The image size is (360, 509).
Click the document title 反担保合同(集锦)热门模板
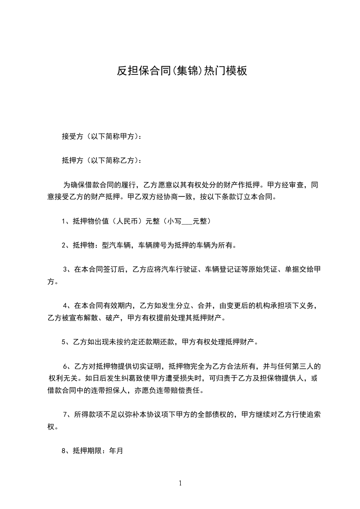click(182, 71)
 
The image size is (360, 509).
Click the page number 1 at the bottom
click(180, 484)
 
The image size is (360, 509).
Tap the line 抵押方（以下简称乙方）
click(101, 160)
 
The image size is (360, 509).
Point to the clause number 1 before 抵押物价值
click(64, 222)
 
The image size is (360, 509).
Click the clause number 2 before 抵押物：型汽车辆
click(64, 245)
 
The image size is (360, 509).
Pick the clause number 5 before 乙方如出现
click(64, 342)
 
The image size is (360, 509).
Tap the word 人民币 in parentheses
click(128, 222)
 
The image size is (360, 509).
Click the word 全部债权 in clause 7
click(214, 414)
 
